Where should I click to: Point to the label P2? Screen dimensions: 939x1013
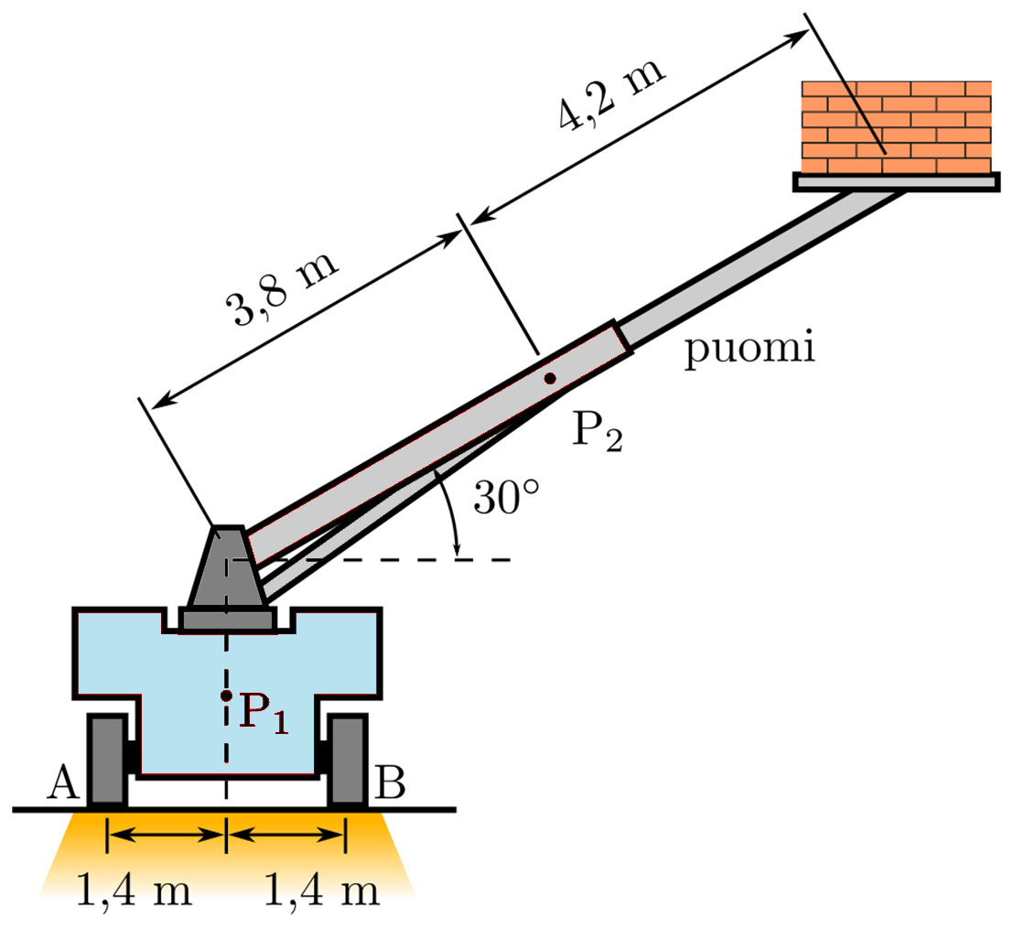597,430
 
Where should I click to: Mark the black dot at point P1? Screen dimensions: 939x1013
226,696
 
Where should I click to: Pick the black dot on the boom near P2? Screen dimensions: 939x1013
549,378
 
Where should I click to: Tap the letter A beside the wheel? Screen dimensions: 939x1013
62,782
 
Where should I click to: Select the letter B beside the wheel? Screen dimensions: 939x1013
390,783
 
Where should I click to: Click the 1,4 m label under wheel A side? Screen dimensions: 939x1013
134,889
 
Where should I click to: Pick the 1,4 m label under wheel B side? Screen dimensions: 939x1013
322,889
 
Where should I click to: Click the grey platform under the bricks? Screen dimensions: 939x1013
895,183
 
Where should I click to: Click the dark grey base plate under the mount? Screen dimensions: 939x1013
227,621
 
